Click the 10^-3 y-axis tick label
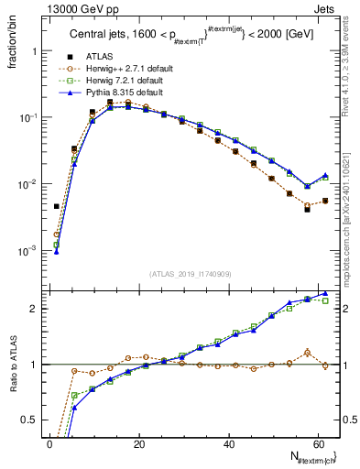coord(28,250)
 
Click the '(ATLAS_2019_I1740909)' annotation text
coord(190,274)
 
